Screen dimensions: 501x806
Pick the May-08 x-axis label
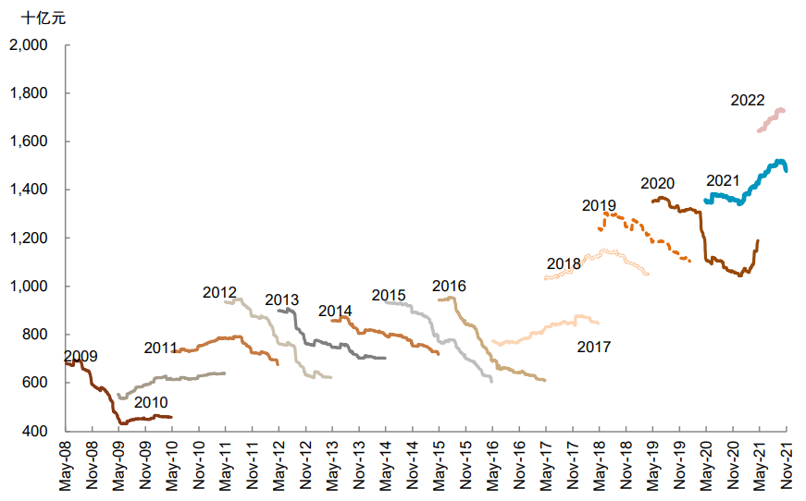click(x=65, y=467)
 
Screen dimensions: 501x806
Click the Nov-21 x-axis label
click(x=787, y=467)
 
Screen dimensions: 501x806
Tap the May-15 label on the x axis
click(x=440, y=467)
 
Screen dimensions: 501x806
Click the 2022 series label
click(x=747, y=101)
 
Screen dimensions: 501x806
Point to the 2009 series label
click(x=81, y=356)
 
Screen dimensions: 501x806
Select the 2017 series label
click(x=593, y=348)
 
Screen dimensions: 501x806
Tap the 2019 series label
click(x=599, y=205)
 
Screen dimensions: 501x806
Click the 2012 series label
click(x=219, y=293)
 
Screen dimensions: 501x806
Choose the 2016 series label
click(x=449, y=286)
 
